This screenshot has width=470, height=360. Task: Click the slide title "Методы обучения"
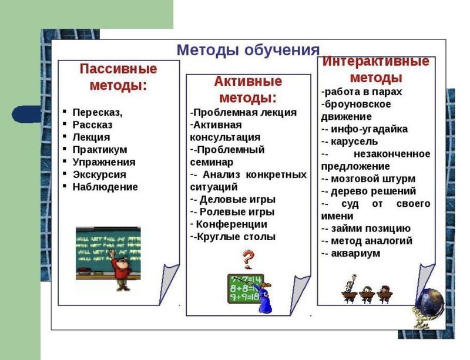click(248, 50)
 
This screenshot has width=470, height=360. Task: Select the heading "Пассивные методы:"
click(119, 77)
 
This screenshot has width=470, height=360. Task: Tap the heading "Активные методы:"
click(248, 90)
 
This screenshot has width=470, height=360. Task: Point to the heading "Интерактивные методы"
click(376, 69)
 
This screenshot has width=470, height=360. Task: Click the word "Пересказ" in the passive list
click(96, 112)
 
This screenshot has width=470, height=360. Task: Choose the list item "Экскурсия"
click(99, 174)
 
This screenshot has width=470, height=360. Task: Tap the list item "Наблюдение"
click(105, 187)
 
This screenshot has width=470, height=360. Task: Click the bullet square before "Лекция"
click(65, 136)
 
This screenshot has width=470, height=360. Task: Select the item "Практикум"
click(100, 150)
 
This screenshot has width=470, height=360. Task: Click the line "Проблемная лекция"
click(243, 112)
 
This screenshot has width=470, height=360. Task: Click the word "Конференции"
click(231, 224)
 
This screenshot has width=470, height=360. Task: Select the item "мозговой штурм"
click(373, 179)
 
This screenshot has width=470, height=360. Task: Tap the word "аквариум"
click(355, 254)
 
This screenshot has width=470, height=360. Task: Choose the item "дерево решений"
click(374, 191)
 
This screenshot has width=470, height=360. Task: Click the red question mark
click(248, 260)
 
